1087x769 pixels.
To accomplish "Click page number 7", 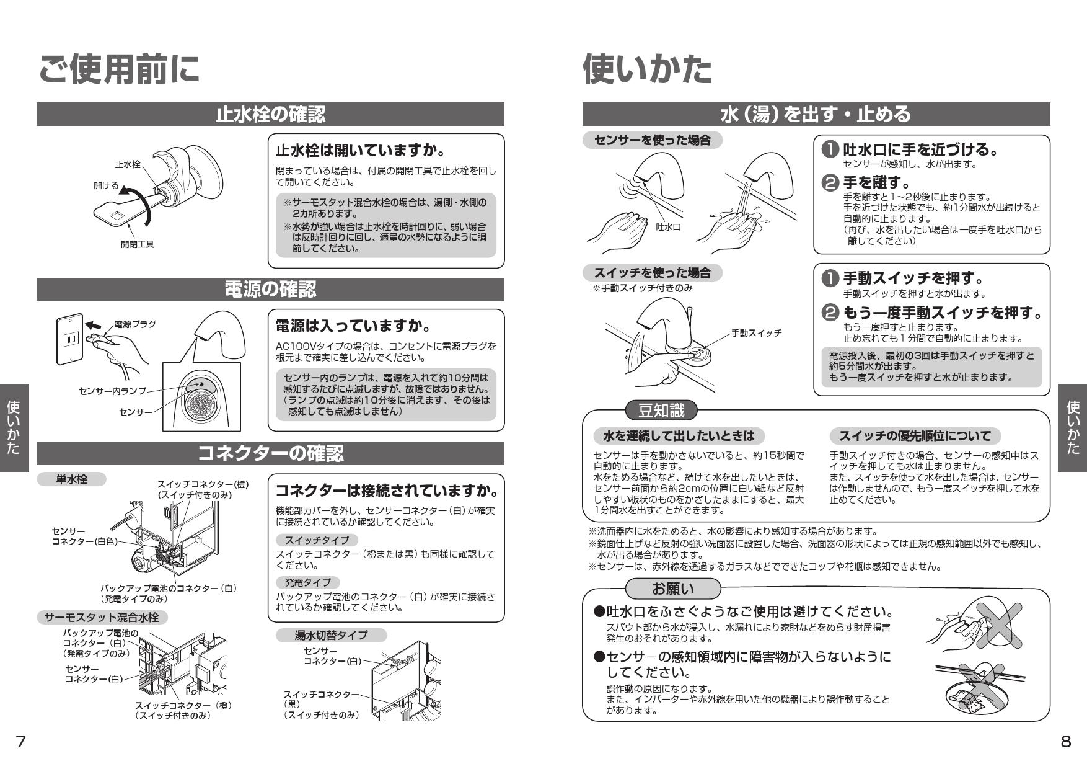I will click(21, 741).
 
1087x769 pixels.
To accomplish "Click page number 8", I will click(1066, 741).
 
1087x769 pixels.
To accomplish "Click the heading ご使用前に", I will click(119, 69).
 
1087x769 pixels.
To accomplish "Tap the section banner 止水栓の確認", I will click(270, 115).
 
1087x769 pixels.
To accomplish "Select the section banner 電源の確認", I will click(270, 289).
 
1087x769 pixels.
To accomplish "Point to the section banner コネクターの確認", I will click(270, 453).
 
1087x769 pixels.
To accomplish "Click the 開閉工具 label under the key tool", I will click(137, 244).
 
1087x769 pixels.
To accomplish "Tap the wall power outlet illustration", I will click(69, 339).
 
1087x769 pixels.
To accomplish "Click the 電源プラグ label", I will click(135, 324).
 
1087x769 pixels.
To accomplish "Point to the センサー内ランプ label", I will click(112, 391).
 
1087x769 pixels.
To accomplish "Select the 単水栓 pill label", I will click(71, 479).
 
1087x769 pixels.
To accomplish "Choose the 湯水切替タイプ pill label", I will click(331, 635).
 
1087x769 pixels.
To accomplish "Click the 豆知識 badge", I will click(661, 411).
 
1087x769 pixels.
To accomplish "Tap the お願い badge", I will click(673, 588).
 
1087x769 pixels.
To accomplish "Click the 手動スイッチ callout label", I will click(756, 333).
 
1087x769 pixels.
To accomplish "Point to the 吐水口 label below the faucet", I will click(668, 227).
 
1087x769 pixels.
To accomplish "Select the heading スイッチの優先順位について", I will click(915, 436).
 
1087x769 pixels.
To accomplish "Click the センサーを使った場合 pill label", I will click(652, 140).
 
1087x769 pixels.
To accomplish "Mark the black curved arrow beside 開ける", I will click(138, 202).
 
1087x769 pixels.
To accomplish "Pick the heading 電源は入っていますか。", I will click(353, 326).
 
